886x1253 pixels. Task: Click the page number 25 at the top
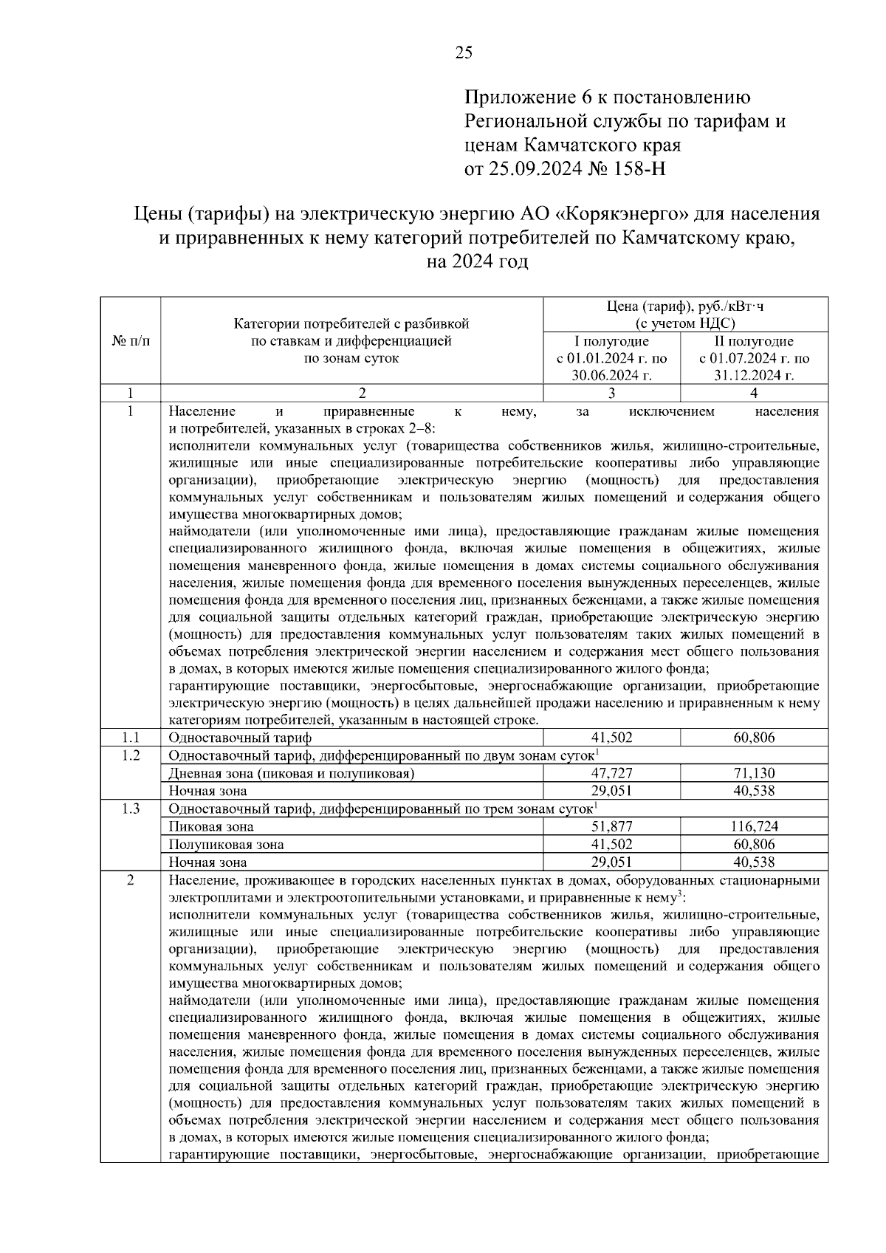tap(464, 52)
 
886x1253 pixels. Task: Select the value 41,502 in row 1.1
tap(611, 738)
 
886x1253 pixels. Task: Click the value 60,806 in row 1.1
tap(754, 738)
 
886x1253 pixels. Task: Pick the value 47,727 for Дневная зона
tap(611, 773)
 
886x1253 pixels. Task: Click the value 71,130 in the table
tap(754, 773)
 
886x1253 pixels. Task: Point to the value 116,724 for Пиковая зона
tap(754, 826)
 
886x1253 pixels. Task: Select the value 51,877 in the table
tap(611, 826)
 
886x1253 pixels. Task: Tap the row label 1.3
tap(131, 809)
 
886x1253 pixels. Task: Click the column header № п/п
tap(131, 341)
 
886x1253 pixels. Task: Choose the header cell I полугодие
tap(611, 341)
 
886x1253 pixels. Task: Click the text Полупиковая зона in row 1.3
tap(226, 844)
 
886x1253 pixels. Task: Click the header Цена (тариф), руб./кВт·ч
tap(683, 306)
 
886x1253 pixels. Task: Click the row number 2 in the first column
tap(131, 880)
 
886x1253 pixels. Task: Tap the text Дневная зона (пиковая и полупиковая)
tap(291, 773)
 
